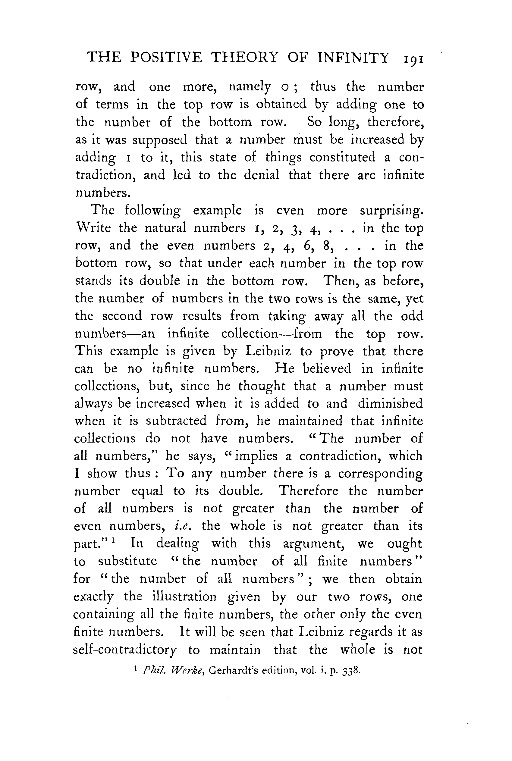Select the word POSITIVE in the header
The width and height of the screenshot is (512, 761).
(166, 58)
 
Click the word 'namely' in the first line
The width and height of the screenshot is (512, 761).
(250, 87)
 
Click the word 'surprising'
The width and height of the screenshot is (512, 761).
(391, 211)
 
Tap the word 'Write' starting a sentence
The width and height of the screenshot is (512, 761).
(93, 227)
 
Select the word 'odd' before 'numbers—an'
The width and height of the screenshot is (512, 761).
(412, 316)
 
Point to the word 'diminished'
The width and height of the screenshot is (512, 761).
(390, 404)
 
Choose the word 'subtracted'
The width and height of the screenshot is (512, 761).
(176, 421)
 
